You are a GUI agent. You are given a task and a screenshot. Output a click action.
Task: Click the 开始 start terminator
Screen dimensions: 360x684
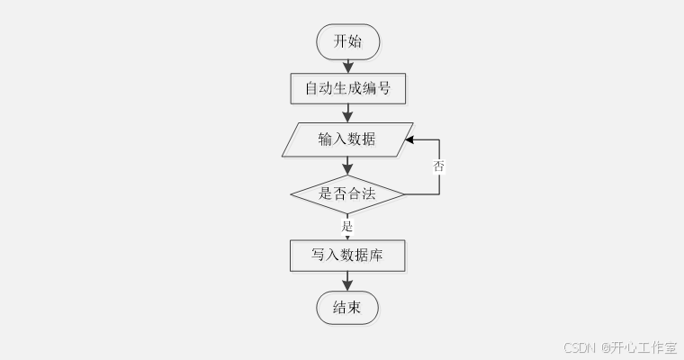347,40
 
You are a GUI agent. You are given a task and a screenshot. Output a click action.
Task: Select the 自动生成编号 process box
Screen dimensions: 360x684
347,89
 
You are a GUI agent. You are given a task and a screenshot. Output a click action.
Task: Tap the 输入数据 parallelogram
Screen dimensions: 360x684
347,139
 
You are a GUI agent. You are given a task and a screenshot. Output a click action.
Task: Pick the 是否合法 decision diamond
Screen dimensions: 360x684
347,193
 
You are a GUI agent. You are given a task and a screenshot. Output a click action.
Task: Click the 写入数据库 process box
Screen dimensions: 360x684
347,255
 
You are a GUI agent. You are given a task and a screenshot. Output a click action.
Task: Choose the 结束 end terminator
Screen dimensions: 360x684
347,308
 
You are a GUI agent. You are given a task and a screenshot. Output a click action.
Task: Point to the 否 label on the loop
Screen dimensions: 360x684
439,166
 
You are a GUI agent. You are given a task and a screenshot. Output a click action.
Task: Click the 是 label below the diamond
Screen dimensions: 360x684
347,225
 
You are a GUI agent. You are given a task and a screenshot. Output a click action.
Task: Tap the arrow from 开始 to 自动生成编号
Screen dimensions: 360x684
347,65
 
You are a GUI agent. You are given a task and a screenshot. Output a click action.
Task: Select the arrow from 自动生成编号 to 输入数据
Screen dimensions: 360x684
347,113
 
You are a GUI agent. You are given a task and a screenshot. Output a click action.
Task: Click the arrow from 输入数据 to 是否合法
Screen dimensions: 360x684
347,166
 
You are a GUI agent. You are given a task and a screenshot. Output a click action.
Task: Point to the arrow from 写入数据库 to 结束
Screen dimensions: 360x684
347,282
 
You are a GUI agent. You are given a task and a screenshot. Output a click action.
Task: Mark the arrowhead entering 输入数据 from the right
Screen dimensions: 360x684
409,140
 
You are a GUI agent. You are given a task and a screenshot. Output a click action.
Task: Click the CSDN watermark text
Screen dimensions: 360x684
580,346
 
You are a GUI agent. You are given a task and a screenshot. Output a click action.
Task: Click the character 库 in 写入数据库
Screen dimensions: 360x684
376,255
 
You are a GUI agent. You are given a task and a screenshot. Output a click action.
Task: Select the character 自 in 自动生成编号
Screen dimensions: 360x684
311,89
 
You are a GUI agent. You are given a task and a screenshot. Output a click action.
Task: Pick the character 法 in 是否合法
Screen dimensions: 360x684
370,193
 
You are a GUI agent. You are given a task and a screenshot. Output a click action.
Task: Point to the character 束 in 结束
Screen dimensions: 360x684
355,308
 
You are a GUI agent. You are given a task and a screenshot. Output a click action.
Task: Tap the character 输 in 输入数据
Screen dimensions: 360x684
325,139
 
